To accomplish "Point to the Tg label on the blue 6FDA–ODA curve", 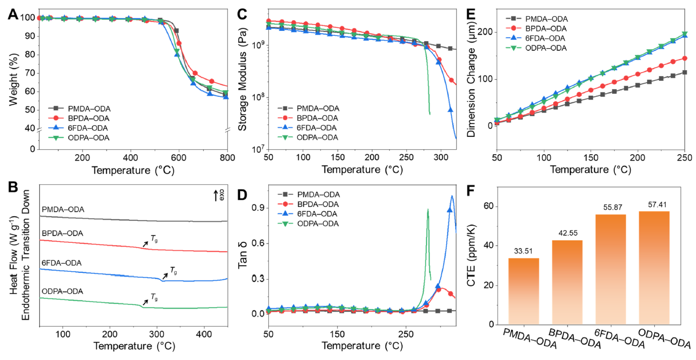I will (x=173, y=269).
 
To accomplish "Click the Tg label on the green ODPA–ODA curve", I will (x=154, y=296).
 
